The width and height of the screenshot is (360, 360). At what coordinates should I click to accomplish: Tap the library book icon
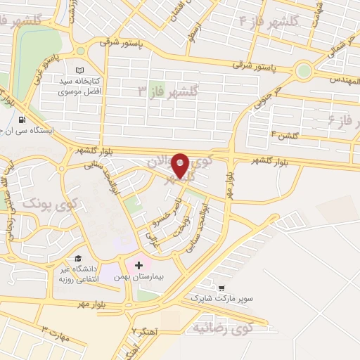point(79,70)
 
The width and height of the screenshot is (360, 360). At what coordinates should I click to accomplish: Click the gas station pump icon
point(25,120)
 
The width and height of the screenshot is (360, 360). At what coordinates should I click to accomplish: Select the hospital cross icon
point(139,265)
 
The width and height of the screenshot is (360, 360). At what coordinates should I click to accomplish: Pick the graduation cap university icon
point(78,258)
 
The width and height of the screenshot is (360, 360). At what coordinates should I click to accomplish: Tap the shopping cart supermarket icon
point(222,288)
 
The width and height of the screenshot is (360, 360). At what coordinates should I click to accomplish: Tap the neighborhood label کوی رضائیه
point(220,328)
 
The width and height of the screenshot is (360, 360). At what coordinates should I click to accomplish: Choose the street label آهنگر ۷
point(147,329)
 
